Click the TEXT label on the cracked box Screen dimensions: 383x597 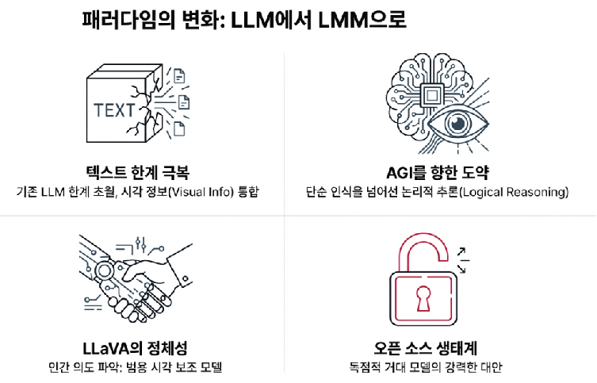point(114,109)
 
